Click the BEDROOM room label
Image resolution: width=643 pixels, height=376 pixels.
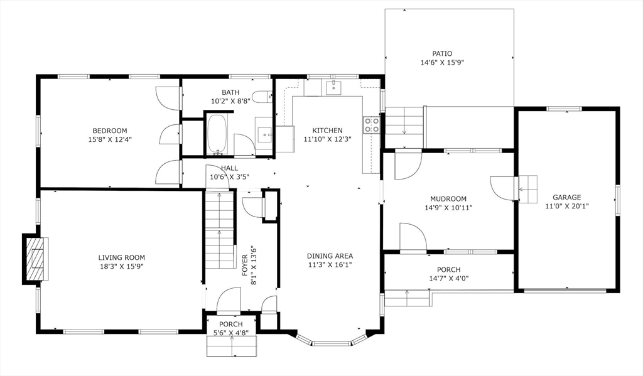tap(109, 131)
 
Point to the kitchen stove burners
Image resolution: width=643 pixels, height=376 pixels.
tap(372, 124)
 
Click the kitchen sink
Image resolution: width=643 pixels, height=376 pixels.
tap(332, 87)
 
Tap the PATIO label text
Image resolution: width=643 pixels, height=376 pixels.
tap(442, 54)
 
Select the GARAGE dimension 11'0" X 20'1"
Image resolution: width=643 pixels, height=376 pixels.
tap(566, 205)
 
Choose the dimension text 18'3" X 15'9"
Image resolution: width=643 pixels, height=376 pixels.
tap(121, 266)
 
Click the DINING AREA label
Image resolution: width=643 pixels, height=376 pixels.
tap(330, 255)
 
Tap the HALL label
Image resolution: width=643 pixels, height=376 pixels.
tap(229, 168)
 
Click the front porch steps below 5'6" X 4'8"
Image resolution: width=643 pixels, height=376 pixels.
tap(232, 346)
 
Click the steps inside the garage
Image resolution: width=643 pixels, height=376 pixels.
tap(528, 188)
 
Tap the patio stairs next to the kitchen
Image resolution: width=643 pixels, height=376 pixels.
tap(404, 121)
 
